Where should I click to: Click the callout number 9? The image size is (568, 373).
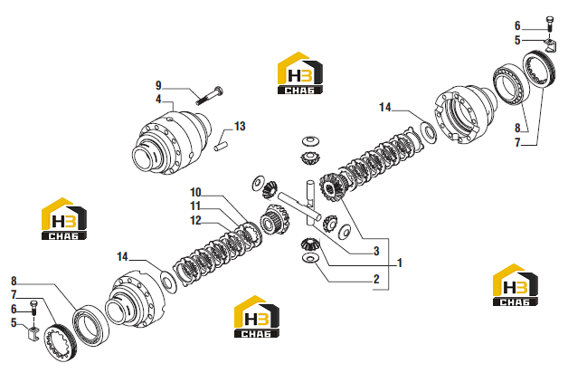tap(158, 85)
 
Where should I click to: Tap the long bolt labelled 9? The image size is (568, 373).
tap(209, 96)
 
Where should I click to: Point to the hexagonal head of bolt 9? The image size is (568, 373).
tap(219, 90)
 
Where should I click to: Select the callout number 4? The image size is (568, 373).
tap(158, 99)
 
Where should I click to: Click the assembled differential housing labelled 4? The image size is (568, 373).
tap(171, 143)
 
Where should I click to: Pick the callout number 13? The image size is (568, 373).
tap(240, 126)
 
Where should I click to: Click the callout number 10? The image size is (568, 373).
tap(195, 193)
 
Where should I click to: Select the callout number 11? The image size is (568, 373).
tap(195, 206)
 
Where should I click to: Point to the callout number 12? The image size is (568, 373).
tap(195, 220)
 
